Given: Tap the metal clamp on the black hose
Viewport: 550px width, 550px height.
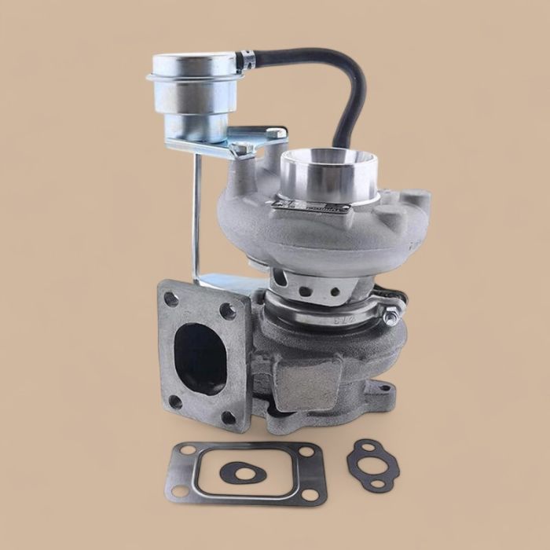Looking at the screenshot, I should [247, 59].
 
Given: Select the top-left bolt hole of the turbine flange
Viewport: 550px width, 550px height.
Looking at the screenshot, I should [171, 299].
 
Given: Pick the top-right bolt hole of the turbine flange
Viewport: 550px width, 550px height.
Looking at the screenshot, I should [227, 310].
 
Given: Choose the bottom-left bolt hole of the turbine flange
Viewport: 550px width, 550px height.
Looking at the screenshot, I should [175, 401].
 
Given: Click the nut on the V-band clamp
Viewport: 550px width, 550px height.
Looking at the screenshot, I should [390, 317].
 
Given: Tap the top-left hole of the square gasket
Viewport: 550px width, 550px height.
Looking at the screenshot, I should [185, 450].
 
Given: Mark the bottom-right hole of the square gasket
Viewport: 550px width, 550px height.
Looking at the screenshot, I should [309, 495].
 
